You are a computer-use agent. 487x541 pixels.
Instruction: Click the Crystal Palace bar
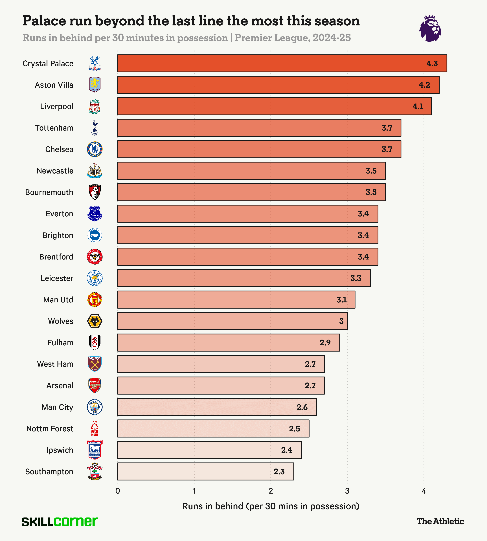pos(282,63)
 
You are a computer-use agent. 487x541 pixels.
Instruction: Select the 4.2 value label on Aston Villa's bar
pos(424,85)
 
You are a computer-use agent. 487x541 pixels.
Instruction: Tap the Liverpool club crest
pos(95,107)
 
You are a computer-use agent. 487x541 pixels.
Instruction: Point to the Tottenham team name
pos(54,128)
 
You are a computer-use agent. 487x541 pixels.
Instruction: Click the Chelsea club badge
pos(95,149)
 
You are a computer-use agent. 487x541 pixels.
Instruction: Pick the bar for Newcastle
pos(252,171)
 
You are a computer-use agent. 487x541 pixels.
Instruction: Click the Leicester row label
pos(57,278)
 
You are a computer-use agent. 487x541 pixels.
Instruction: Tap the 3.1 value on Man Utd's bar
pos(341,300)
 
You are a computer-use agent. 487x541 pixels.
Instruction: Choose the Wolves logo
pos(95,321)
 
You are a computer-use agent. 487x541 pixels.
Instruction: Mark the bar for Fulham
pos(229,342)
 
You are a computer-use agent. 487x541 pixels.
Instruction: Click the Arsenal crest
pos(95,386)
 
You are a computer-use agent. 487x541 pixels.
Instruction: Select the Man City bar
pos(217,407)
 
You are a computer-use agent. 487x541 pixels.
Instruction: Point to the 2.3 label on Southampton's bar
pos(279,471)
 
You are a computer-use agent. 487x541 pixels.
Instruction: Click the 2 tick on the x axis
pos(271,491)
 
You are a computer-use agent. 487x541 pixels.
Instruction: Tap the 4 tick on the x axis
pos(424,491)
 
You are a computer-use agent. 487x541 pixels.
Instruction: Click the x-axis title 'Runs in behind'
pos(271,506)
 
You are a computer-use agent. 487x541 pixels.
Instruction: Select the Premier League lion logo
pos(430,28)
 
